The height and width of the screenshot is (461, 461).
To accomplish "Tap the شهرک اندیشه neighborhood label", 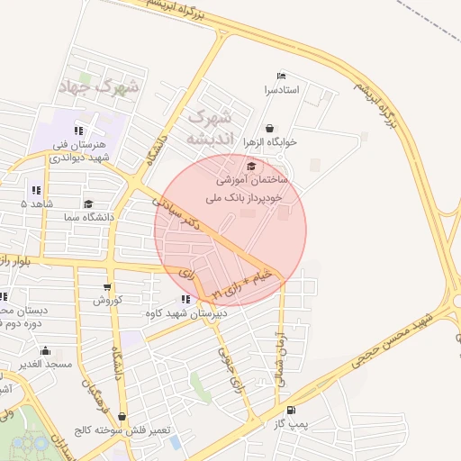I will coord(210,128).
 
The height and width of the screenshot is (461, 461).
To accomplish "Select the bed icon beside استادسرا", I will coord(281,77).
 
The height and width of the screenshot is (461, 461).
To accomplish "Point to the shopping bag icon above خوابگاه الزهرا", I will coord(271,129).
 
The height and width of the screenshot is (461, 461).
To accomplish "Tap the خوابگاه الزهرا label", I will coord(271,143).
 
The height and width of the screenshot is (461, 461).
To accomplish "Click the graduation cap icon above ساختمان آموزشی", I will coord(250,166).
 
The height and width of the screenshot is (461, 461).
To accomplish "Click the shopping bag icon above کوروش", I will coord(106,285).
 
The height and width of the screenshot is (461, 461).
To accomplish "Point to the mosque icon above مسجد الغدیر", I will coord(32,350).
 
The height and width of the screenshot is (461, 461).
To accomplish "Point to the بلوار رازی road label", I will coord(16,260).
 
